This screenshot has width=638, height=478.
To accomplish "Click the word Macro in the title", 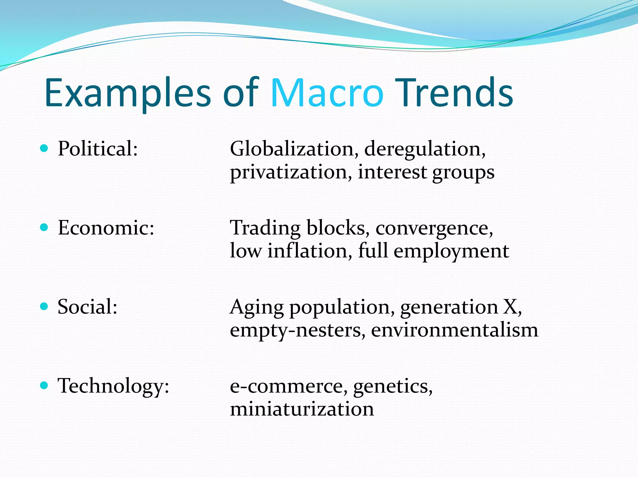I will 327,93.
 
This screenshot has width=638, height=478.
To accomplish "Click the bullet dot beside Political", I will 44,148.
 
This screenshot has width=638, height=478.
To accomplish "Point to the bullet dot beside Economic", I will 44,227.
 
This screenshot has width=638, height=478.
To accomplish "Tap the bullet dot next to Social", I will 44,307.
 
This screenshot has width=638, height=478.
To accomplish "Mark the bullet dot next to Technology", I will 44,386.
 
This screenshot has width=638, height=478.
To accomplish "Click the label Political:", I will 98,148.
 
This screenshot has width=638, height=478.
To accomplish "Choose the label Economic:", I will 106,227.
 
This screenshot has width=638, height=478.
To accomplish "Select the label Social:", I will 88,307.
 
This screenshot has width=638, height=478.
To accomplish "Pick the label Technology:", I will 113,386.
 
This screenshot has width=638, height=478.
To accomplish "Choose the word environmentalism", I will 455,330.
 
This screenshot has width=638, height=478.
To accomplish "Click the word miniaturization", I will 302,409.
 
